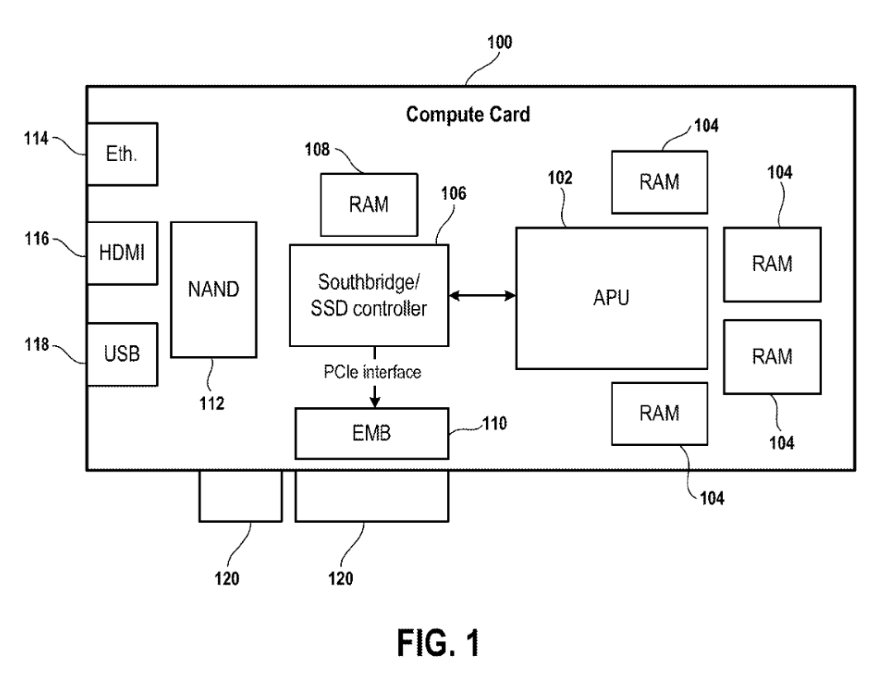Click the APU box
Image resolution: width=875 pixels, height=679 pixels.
(x=611, y=298)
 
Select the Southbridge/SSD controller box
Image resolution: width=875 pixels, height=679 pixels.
(x=369, y=295)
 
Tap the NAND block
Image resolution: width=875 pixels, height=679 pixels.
(x=214, y=290)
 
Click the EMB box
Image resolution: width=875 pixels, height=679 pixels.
(x=372, y=434)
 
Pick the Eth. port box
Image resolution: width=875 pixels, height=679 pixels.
(x=122, y=154)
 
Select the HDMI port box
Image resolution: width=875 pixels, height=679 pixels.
(x=122, y=254)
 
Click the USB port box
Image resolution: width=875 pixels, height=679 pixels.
(x=122, y=354)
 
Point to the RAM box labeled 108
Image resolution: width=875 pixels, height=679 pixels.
(x=369, y=205)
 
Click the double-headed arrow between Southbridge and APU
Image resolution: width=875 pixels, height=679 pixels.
(x=483, y=296)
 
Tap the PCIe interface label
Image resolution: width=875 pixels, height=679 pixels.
(x=372, y=373)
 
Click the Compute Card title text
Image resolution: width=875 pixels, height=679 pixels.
(x=468, y=114)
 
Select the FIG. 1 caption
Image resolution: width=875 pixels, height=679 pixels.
(x=438, y=643)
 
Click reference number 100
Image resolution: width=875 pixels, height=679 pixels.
(x=499, y=42)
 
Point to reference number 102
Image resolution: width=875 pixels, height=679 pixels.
(x=559, y=178)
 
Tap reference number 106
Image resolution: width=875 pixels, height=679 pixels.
(x=454, y=193)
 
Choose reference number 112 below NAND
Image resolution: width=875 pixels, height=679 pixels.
(x=212, y=403)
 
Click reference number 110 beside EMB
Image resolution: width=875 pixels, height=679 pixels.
(x=494, y=424)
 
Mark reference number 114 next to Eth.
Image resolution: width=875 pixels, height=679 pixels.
(x=36, y=139)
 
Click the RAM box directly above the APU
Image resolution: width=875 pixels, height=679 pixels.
(x=659, y=183)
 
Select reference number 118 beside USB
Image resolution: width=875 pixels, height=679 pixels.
(x=37, y=344)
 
